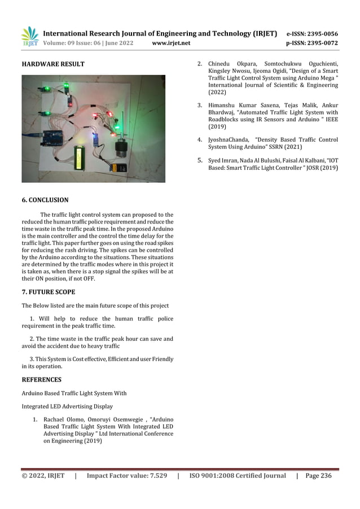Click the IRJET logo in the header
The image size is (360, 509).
(30, 37)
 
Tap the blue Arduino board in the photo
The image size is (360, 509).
(53, 137)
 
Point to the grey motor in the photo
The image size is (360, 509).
(120, 149)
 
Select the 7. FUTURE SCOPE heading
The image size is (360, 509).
(48, 292)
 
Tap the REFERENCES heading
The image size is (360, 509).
(41, 380)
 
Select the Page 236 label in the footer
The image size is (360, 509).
(318, 476)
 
